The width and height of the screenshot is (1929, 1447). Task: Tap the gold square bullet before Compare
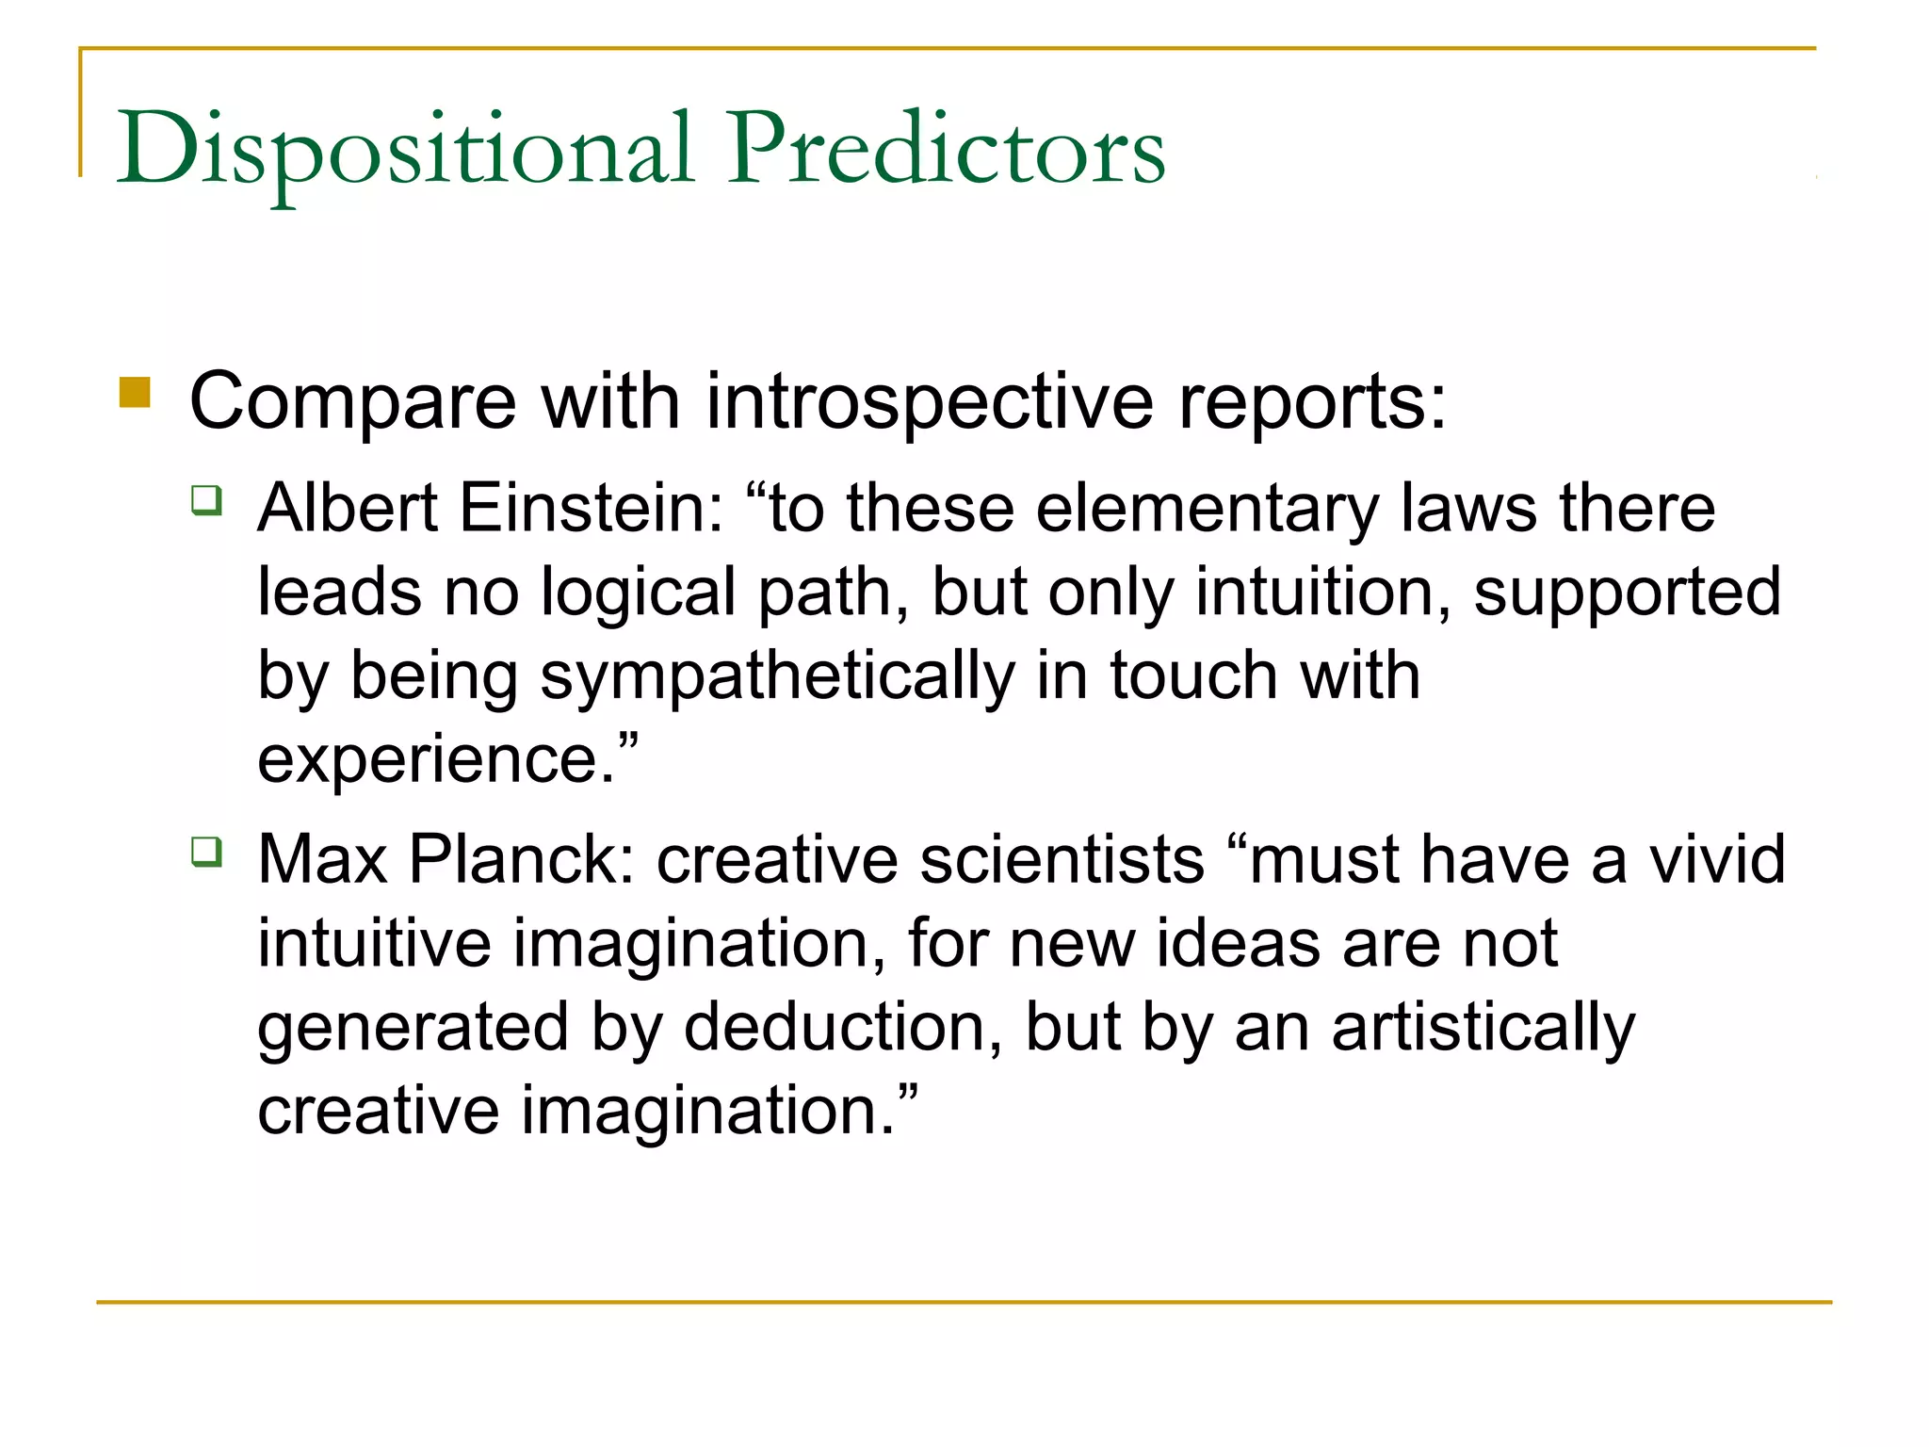(x=136, y=393)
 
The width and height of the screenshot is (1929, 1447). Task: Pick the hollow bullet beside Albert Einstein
(x=207, y=499)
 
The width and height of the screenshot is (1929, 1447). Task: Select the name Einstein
(x=592, y=509)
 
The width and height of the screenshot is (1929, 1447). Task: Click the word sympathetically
(x=778, y=676)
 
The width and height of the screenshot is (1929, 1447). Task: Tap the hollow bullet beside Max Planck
(x=207, y=852)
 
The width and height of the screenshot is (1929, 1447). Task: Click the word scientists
(x=1062, y=860)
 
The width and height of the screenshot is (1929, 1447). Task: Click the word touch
(x=1193, y=676)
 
